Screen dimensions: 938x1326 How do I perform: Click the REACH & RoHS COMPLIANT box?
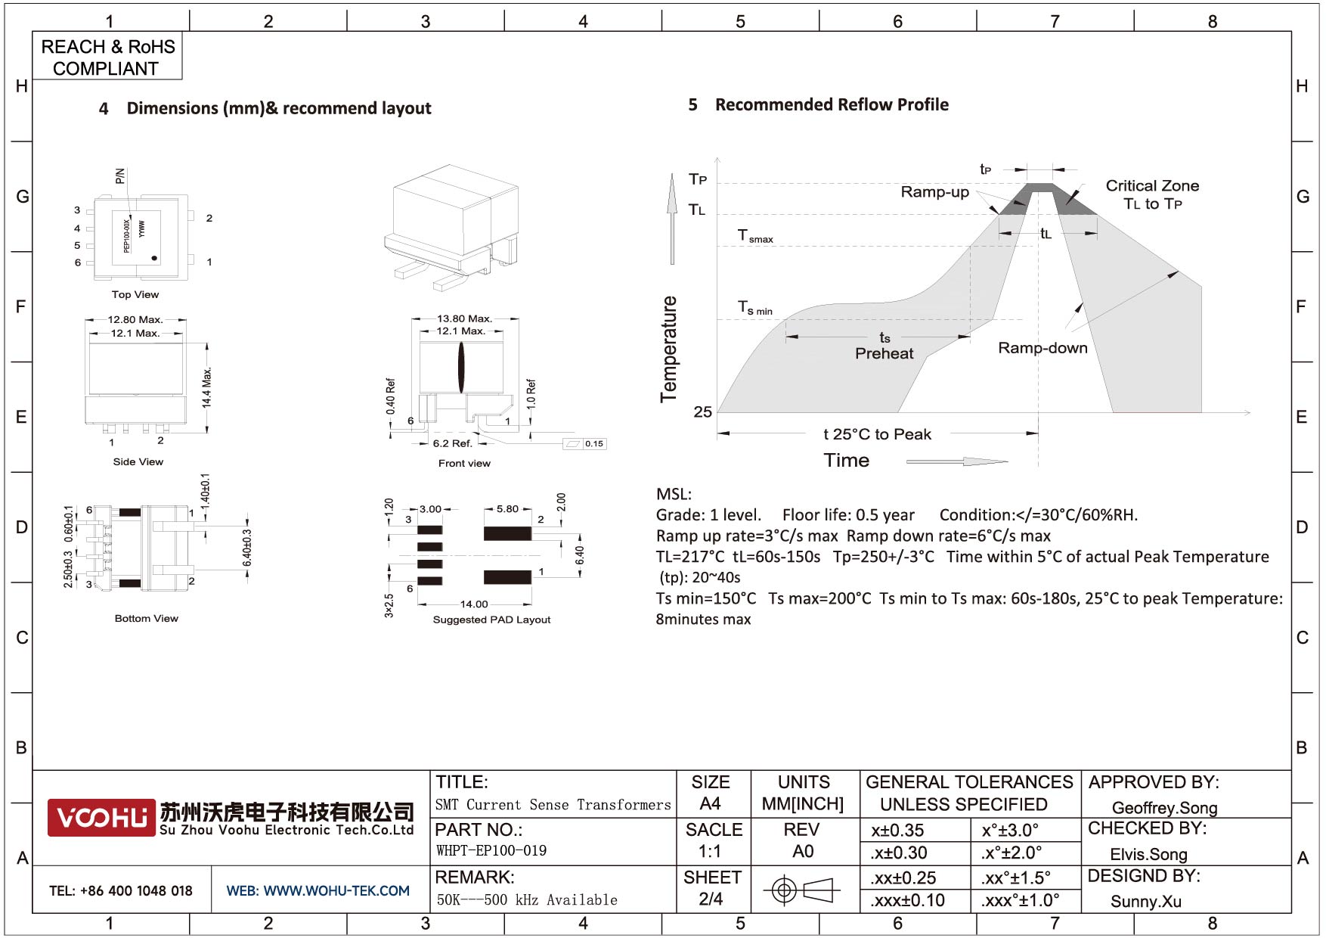tap(107, 57)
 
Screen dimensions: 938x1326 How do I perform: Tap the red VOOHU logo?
tap(101, 818)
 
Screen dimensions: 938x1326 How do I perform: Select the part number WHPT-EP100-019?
tap(491, 851)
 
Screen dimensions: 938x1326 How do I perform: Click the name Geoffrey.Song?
tap(1164, 808)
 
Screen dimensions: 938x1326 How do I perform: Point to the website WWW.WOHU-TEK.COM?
tap(318, 891)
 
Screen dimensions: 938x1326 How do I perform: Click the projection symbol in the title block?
tap(801, 890)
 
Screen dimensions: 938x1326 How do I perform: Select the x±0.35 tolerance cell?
tap(897, 831)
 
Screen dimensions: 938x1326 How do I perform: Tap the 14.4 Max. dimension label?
tap(207, 388)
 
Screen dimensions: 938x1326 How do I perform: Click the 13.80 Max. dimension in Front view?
tap(464, 318)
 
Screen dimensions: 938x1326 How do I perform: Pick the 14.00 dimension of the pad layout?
tap(474, 604)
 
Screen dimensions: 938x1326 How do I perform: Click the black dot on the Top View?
tap(155, 259)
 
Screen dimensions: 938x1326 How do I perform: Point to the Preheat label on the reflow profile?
tap(884, 353)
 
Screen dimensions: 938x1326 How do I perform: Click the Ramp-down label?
tap(1043, 348)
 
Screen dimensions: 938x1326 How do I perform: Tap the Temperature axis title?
tap(668, 349)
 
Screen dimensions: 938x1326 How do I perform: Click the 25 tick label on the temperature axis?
tap(702, 412)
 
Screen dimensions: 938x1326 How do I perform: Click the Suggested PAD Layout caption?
tap(491, 620)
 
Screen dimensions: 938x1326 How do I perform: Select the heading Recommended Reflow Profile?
tap(832, 104)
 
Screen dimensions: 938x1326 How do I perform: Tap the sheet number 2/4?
tap(711, 899)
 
